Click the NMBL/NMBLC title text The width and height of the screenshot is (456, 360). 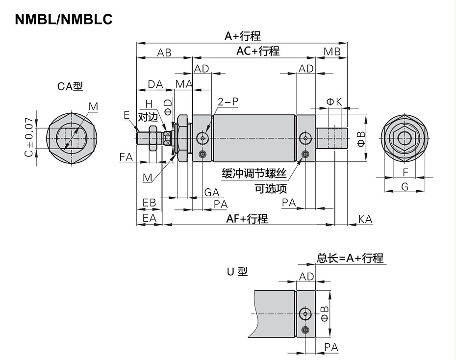(x=64, y=19)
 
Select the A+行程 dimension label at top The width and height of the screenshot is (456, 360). (x=242, y=36)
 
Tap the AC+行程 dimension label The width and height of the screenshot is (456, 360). (x=257, y=51)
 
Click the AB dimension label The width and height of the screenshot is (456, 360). (x=164, y=52)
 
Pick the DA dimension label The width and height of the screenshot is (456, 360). (x=155, y=84)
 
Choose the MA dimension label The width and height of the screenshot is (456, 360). (x=184, y=84)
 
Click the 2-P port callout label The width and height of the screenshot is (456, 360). (x=228, y=102)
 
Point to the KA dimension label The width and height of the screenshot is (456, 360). (x=365, y=219)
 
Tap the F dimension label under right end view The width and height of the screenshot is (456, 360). (x=405, y=172)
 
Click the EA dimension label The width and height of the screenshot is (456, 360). (x=149, y=217)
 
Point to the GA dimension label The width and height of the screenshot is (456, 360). (x=212, y=192)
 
